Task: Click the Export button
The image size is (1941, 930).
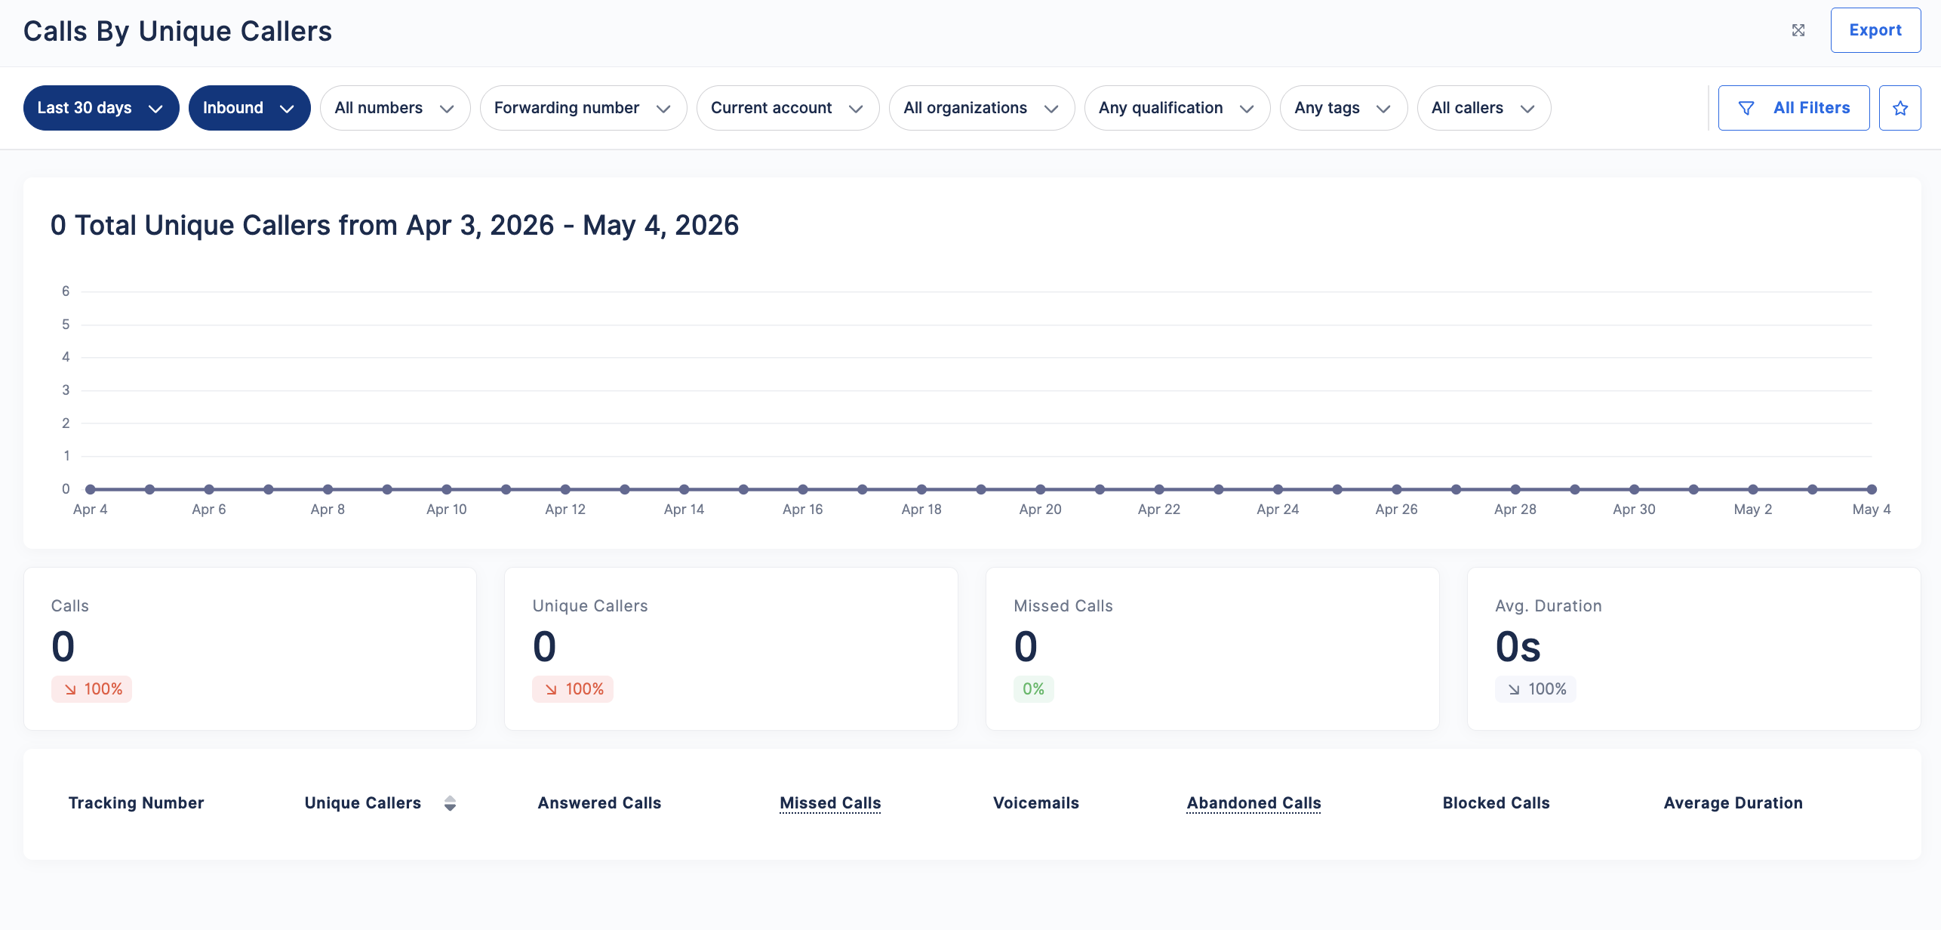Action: coord(1875,30)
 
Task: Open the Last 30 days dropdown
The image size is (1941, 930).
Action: coord(101,108)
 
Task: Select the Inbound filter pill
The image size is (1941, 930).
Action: coord(249,108)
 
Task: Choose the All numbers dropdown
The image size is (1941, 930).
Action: coord(395,108)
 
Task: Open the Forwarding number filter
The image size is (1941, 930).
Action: coord(583,108)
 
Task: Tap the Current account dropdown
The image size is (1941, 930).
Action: coord(787,108)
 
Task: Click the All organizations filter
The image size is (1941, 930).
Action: coord(981,108)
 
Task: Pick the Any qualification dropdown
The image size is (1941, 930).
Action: coord(1177,108)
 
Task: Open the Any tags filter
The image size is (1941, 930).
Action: coord(1343,108)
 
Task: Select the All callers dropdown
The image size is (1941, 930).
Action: coord(1484,108)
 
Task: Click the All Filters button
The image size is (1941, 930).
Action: coord(1794,108)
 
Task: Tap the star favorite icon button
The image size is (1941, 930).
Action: coord(1900,108)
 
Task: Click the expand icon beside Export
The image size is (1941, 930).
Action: coord(1798,30)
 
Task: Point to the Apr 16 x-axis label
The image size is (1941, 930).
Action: coord(803,510)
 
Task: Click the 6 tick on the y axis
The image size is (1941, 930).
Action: coord(66,291)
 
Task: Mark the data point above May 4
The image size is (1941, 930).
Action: coord(1872,489)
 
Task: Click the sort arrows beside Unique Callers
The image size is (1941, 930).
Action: coord(450,803)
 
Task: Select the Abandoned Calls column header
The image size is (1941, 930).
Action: coord(1253,803)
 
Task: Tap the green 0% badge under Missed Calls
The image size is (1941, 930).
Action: coord(1033,689)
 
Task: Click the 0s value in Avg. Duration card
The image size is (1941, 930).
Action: coord(1518,647)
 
